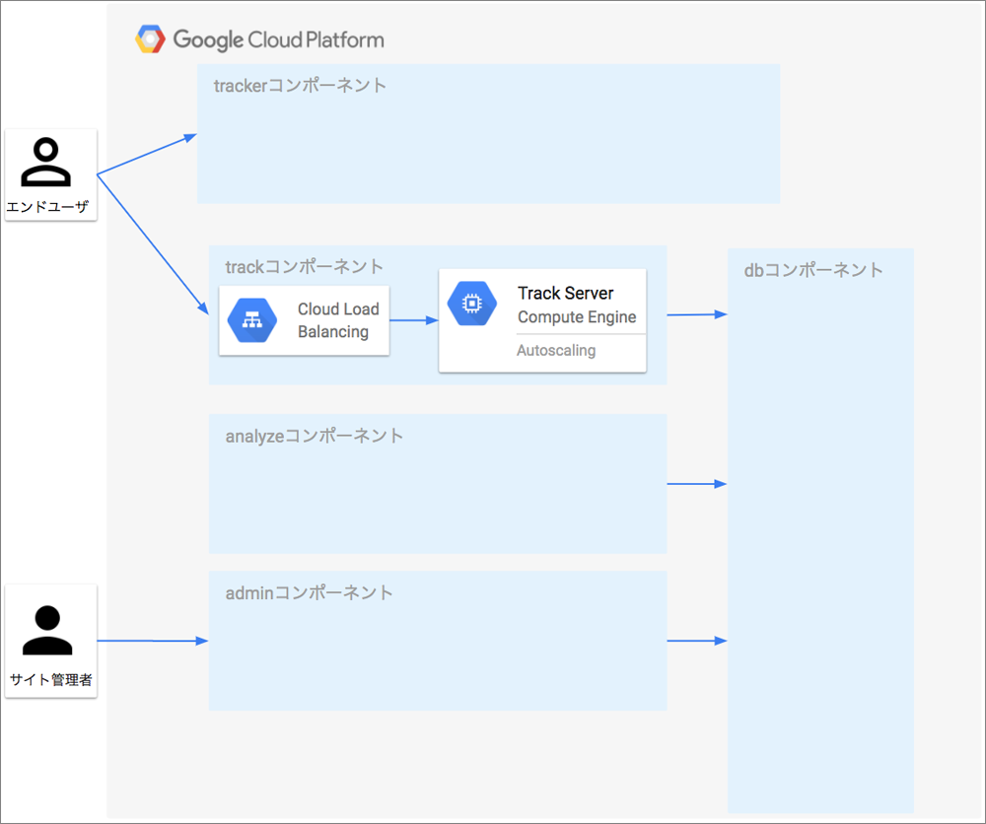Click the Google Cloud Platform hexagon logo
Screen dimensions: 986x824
pos(150,39)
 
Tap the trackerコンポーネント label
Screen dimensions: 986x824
pos(300,86)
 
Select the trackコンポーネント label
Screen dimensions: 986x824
pos(305,266)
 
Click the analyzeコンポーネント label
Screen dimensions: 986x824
pos(315,436)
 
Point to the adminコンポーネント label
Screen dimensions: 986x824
pos(310,592)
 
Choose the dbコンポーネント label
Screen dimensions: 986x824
pos(813,270)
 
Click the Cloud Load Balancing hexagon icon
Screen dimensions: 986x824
pos(252,320)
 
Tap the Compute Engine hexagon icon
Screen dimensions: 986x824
pos(471,304)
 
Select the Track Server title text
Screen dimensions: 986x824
pos(565,293)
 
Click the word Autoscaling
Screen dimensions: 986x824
pos(556,350)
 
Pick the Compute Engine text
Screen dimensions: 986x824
pos(577,316)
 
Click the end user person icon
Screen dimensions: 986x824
pos(46,163)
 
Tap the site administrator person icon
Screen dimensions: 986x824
pos(47,631)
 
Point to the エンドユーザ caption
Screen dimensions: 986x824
pos(47,207)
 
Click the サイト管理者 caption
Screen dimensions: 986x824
pos(51,679)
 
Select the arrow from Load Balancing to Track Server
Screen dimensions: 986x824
pos(414,320)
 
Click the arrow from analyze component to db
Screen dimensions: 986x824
pos(697,484)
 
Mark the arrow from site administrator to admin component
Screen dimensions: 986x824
pos(153,641)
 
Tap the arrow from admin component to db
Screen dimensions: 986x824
pos(697,641)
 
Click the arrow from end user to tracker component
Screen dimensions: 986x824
pos(147,154)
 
